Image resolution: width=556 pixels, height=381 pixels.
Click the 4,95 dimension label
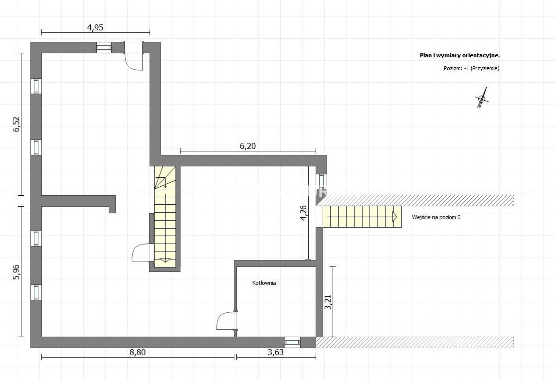(95, 27)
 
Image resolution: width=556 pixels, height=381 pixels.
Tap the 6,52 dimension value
(17, 125)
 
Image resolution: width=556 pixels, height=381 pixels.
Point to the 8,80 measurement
(138, 352)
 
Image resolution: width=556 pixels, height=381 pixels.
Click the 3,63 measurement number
(276, 352)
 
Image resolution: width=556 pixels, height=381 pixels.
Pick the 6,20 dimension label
(248, 145)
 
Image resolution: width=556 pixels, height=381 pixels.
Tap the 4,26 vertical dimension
(304, 213)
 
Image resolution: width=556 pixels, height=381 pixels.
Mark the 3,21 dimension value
(328, 302)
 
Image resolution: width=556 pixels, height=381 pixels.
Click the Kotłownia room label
(264, 283)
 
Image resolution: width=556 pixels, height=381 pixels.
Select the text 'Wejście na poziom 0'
(436, 218)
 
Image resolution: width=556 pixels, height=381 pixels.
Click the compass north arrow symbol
(482, 98)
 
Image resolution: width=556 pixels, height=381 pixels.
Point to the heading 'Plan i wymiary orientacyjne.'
(460, 55)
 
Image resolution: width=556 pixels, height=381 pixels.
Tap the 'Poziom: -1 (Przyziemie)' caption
(471, 68)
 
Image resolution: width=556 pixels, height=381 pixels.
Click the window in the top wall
(104, 47)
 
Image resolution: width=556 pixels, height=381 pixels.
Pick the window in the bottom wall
(293, 343)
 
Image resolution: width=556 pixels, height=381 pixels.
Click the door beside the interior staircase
(143, 253)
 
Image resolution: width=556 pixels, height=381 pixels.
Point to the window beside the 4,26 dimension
(321, 181)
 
